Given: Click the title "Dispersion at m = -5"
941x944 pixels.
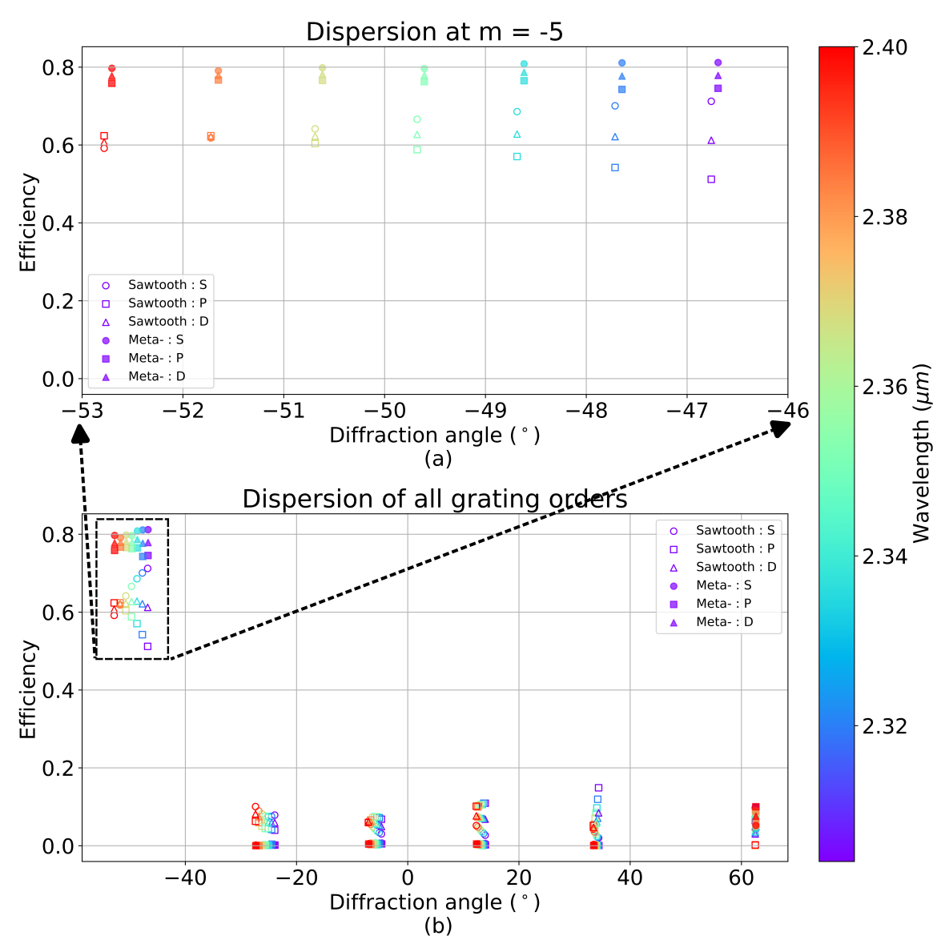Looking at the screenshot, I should pyautogui.click(x=434, y=32).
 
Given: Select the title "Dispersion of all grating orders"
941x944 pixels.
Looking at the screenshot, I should pyautogui.click(x=434, y=500).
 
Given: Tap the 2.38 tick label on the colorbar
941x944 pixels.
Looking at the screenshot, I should pyautogui.click(x=886, y=217).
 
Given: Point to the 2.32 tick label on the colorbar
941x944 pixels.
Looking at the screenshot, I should pyautogui.click(x=886, y=726).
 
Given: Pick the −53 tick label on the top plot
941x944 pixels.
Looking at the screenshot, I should pyautogui.click(x=82, y=411).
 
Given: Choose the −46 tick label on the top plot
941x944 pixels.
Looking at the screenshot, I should pyautogui.click(x=787, y=411).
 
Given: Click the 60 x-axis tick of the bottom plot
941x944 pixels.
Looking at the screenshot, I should pyautogui.click(x=742, y=878).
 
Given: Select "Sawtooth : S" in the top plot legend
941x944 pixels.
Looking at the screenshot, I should pyautogui.click(x=167, y=285).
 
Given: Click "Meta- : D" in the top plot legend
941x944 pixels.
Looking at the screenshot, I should pyautogui.click(x=156, y=377).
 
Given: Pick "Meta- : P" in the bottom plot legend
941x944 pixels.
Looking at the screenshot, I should pyautogui.click(x=724, y=604).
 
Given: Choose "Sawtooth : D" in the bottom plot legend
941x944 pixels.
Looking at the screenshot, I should pyautogui.click(x=735, y=567).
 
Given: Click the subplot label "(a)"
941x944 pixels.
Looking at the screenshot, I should pyautogui.click(x=438, y=459).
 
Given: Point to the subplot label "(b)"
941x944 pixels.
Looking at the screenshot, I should pyautogui.click(x=438, y=926).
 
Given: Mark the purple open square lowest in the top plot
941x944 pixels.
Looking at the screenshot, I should pyautogui.click(x=711, y=179).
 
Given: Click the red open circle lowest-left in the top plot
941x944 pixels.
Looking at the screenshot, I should pyautogui.click(x=104, y=148).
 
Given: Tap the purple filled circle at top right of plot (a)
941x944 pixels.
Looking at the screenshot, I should pyautogui.click(x=718, y=62).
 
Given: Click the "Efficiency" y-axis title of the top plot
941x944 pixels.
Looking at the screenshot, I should pyautogui.click(x=28, y=223).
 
